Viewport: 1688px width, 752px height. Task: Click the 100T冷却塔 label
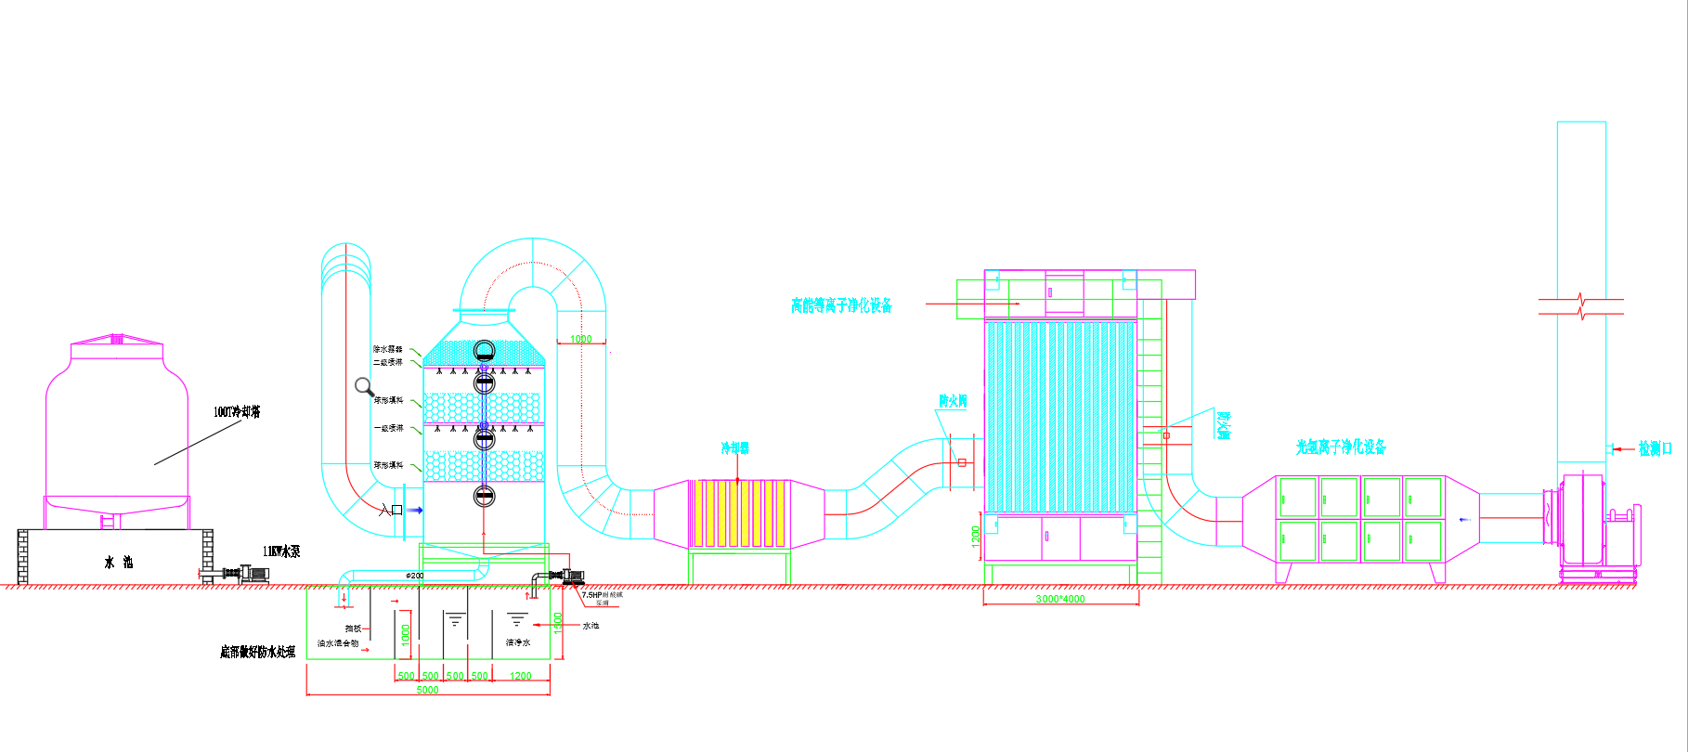[237, 412]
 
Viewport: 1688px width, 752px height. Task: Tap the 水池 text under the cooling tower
[118, 563]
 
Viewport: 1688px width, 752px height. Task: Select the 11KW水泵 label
[281, 551]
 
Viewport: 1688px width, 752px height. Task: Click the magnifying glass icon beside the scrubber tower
[364, 386]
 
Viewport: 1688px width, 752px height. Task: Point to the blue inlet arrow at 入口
[415, 510]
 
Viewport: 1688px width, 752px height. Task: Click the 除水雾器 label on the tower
[387, 349]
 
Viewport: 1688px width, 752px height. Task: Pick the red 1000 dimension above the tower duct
[581, 339]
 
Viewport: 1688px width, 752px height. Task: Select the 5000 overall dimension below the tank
[427, 690]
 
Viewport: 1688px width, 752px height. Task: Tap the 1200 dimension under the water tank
[521, 676]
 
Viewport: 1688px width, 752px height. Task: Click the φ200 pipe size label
[415, 576]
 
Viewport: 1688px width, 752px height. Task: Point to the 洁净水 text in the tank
[518, 642]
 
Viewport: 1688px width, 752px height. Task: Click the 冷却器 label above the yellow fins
[735, 448]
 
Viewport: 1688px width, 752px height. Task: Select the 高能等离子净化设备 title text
[841, 305]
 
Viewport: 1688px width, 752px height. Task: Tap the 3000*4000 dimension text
[1060, 599]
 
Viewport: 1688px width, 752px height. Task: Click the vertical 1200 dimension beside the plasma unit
[975, 536]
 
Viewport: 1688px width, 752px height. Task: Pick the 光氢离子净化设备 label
[1341, 447]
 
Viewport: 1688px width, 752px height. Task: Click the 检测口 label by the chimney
[1655, 449]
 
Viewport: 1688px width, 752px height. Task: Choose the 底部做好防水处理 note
[257, 653]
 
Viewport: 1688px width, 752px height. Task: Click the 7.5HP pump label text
[602, 595]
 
